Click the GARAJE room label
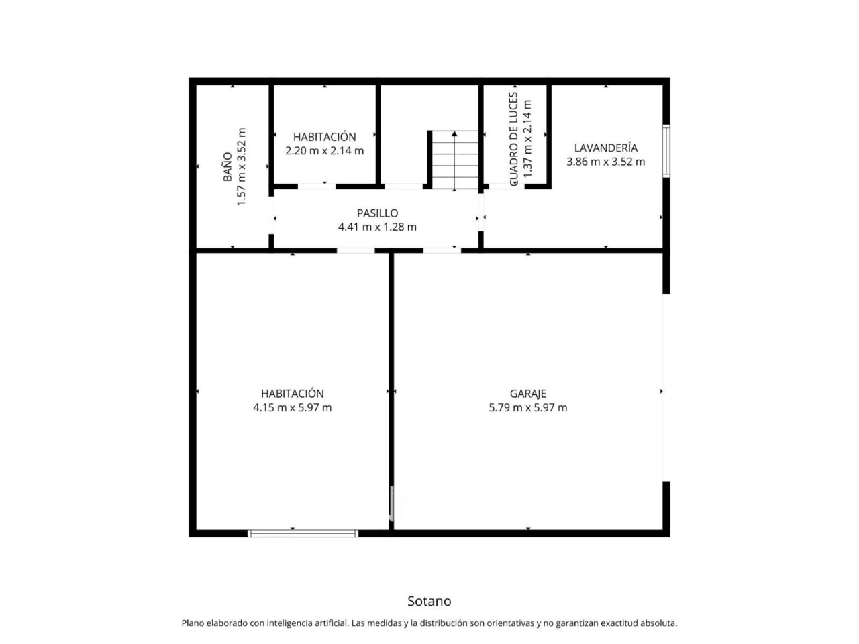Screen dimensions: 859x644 [x=528, y=394]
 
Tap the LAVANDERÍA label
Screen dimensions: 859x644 [x=606, y=148]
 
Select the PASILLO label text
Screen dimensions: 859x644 [x=377, y=213]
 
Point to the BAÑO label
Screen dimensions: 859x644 [x=228, y=167]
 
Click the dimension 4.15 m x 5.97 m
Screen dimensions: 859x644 [x=293, y=407]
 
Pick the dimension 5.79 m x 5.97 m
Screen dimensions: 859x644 [x=528, y=407]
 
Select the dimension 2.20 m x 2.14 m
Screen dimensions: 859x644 [x=324, y=150]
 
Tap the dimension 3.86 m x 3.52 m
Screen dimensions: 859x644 [x=606, y=162]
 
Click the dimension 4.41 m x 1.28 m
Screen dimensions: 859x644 [x=377, y=227]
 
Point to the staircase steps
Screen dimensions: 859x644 [x=455, y=160]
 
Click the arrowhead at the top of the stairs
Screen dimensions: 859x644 [x=454, y=133]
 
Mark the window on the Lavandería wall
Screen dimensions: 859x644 [x=666, y=151]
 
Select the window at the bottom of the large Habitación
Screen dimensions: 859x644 [x=303, y=533]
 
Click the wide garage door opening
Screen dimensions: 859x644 [x=666, y=388]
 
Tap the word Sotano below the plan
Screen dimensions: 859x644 [x=429, y=601]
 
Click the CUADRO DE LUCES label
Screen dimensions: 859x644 [x=513, y=139]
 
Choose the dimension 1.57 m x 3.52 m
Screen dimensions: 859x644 [x=242, y=166]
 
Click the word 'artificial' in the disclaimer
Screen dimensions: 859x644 [x=328, y=623]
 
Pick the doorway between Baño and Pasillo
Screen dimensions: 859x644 [x=271, y=215]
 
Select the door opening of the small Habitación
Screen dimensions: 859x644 [x=317, y=186]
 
